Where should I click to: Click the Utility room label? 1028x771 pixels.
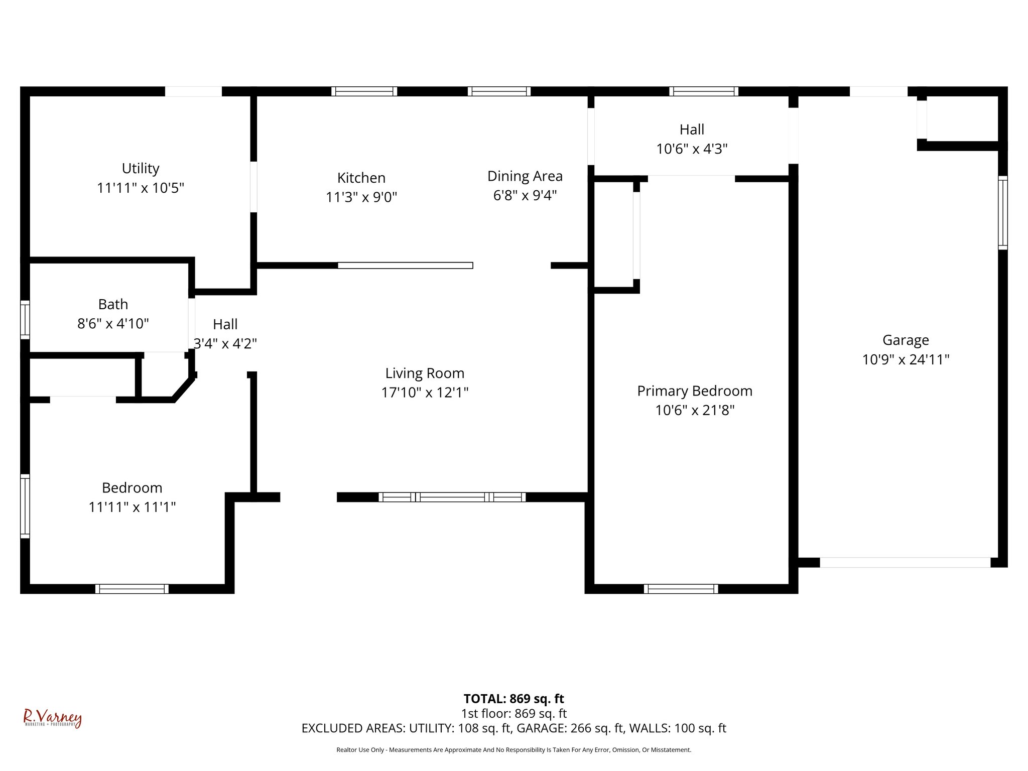pos(141,169)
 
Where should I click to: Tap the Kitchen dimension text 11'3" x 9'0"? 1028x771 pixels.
pos(361,197)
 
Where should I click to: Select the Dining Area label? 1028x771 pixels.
pos(525,176)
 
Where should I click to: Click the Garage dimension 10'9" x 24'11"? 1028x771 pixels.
pos(906,360)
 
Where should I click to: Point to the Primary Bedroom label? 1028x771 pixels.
pos(695,391)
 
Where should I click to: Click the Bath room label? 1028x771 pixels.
pos(113,305)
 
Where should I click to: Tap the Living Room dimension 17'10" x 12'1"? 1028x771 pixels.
pos(425,393)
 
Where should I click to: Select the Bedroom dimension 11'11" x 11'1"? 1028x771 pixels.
pos(132,507)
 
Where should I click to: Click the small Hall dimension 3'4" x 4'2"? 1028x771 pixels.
pos(225,344)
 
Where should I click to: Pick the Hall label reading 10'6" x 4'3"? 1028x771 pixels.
pos(692,149)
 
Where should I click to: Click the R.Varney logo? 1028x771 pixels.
pos(52,718)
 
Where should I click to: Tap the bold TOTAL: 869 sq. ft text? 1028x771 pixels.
pos(513,699)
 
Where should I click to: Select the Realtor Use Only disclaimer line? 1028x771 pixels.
pos(513,750)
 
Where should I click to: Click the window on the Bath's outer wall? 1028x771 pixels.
pos(25,319)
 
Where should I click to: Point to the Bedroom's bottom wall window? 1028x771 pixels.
pos(132,589)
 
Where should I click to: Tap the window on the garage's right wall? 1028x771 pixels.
pos(1002,212)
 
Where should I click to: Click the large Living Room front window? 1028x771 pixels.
pos(452,497)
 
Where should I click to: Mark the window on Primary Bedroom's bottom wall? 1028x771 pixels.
pos(681,589)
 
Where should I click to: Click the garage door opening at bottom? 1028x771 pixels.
pos(905,562)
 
